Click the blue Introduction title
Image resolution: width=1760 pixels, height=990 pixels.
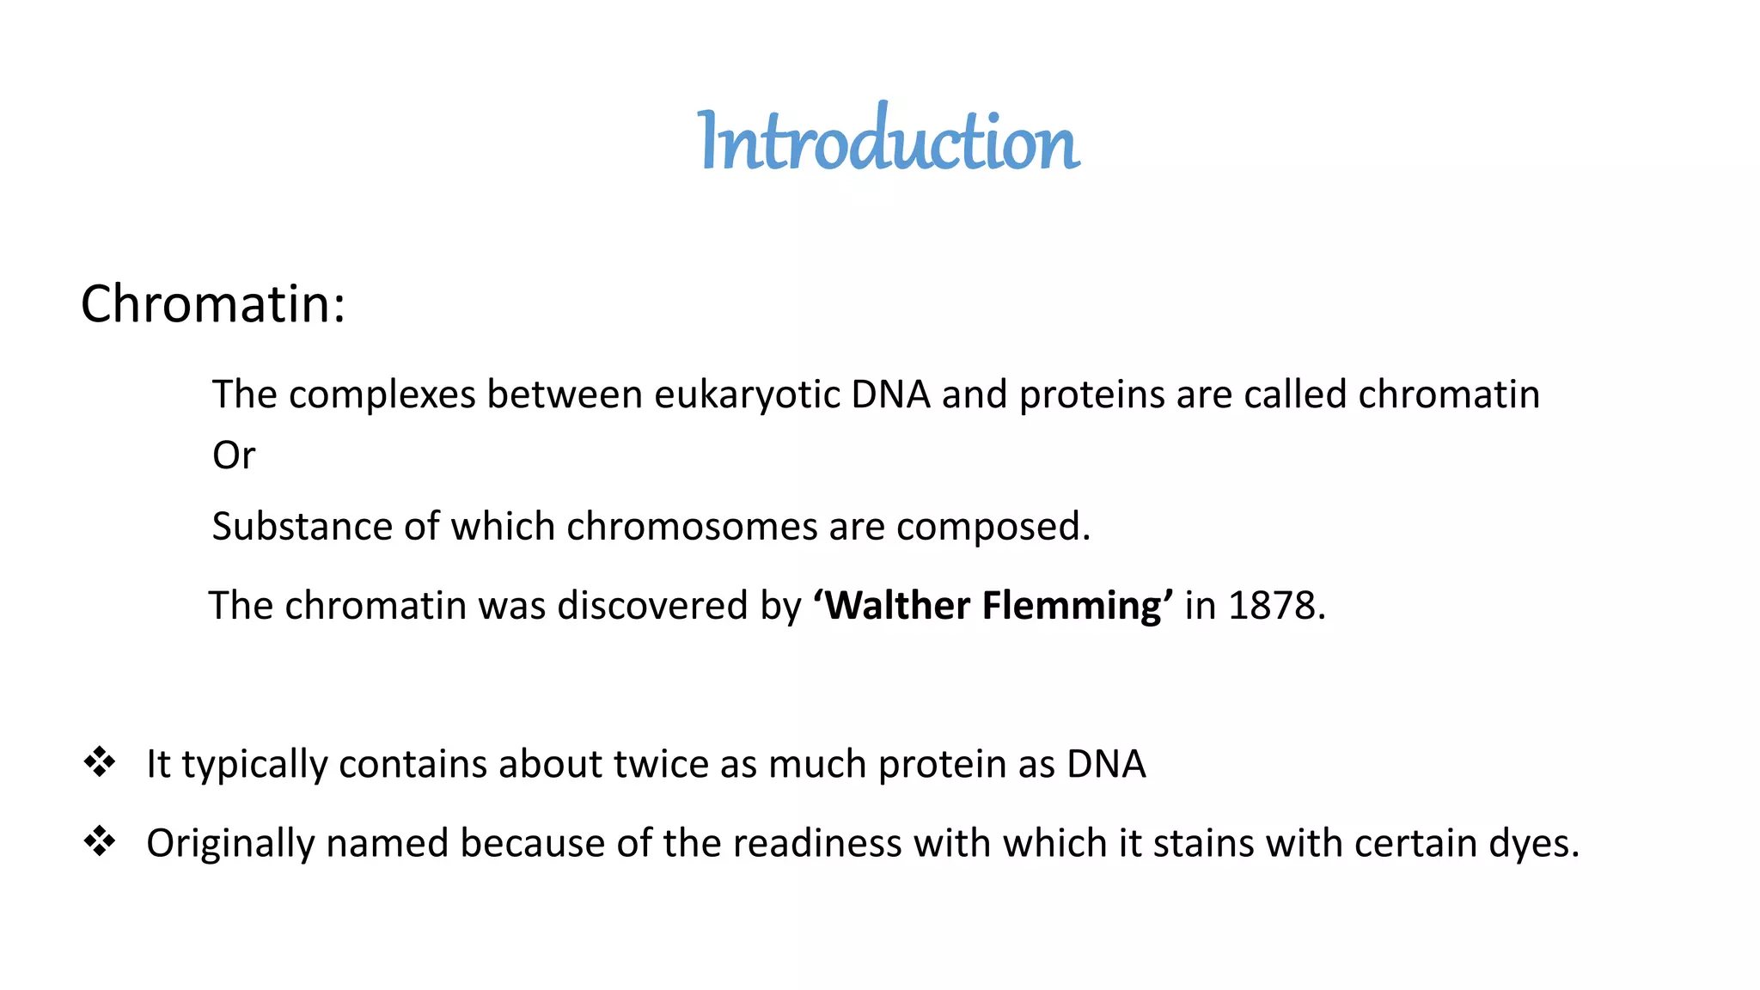point(889,140)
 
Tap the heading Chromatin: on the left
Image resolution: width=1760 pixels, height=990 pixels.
point(212,304)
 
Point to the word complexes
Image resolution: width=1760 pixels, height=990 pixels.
point(382,395)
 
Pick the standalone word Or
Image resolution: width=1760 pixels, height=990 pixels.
point(234,455)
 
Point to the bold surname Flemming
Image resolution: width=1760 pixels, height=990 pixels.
point(1077,606)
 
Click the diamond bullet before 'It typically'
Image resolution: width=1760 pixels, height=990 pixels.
point(100,762)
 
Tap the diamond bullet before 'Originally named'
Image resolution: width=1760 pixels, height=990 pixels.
point(100,841)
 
